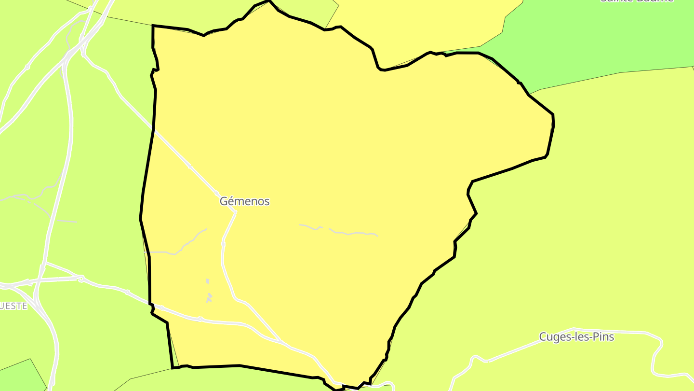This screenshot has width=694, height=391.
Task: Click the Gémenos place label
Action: (244, 201)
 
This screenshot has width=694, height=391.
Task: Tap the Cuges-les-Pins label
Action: (576, 337)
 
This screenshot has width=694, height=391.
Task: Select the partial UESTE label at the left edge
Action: (13, 306)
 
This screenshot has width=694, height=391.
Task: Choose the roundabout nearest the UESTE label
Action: (81, 279)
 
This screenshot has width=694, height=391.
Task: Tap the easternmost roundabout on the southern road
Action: (200, 319)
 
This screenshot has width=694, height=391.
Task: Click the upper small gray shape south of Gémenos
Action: (208, 281)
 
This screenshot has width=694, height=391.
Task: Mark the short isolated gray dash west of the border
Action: (66, 222)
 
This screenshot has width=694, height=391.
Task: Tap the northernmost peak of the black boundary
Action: (268, 1)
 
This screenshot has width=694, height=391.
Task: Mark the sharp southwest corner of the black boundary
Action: (173, 368)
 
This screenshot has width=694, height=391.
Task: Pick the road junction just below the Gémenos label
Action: (235, 211)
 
